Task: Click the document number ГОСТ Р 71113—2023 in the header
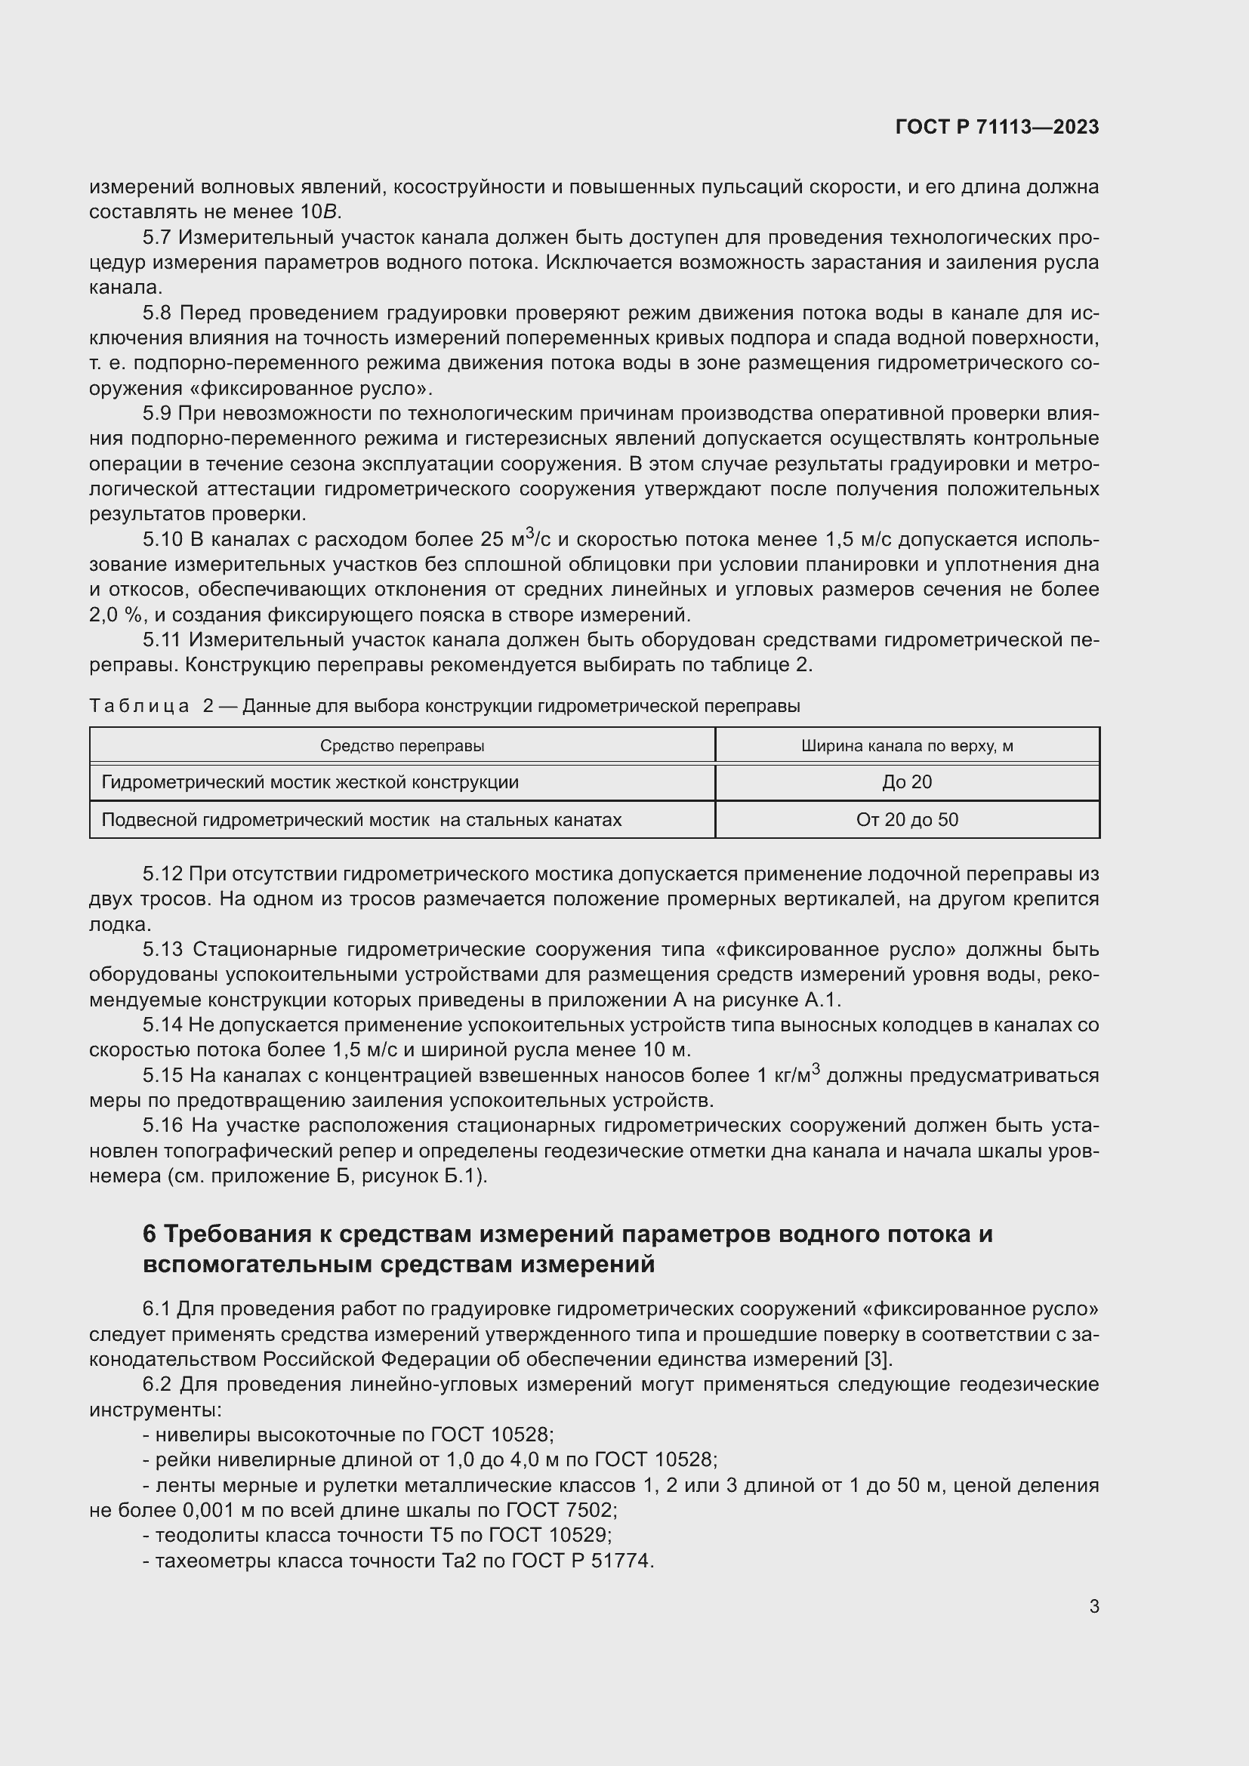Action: tap(997, 127)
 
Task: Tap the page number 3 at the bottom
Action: tap(1093, 1606)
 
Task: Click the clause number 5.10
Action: tap(162, 540)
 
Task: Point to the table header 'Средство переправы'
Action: tap(402, 745)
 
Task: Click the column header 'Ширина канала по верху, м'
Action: tap(907, 745)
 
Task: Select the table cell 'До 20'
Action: tap(907, 782)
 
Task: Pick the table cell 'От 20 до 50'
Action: tap(907, 820)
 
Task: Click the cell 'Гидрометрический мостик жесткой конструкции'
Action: tap(310, 782)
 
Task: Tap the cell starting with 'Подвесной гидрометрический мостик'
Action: tap(362, 820)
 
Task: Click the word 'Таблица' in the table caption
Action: tap(138, 706)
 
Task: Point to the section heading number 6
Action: tap(150, 1234)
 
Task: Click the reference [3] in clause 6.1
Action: tap(877, 1359)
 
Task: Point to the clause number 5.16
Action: tap(162, 1125)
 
